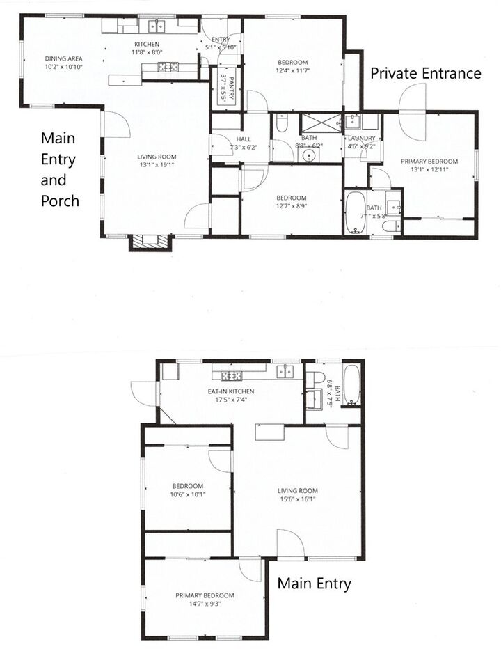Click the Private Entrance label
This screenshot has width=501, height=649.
tap(426, 73)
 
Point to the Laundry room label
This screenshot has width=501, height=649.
tap(360, 138)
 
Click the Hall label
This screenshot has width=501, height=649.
tap(243, 139)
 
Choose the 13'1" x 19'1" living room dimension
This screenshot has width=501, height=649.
tap(156, 165)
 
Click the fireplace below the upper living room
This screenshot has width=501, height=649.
tap(150, 242)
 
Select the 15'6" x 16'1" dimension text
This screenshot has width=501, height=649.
tap(298, 499)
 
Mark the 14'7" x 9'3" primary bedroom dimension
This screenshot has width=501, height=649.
tap(205, 604)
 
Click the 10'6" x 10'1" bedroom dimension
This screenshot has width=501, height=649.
tap(188, 495)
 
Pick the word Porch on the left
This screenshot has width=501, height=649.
tap(59, 201)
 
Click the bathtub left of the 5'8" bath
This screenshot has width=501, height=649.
tap(354, 213)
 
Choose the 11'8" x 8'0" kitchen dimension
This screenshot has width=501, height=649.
tap(147, 52)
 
